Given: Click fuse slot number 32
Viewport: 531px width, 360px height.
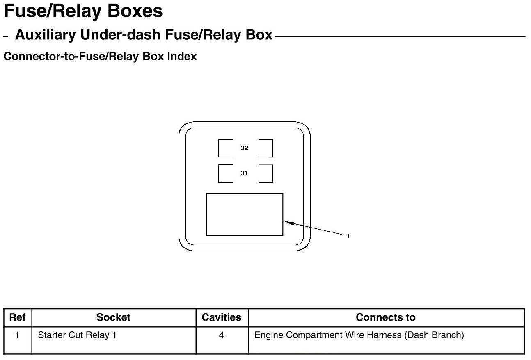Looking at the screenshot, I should click(x=245, y=148).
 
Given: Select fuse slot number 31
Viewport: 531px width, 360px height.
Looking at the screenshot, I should click(x=245, y=173).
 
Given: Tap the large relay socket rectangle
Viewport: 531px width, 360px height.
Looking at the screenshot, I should click(x=244, y=214).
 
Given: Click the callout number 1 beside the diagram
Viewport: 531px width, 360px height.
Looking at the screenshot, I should click(x=348, y=236).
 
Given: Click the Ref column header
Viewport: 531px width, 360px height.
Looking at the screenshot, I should click(x=17, y=317).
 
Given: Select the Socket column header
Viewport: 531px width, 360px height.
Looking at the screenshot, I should click(x=113, y=317).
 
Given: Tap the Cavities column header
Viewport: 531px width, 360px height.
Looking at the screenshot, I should click(x=222, y=317).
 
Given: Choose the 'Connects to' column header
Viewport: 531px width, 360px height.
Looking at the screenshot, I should click(x=385, y=317).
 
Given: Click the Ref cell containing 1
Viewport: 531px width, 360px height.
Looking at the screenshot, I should click(x=17, y=335).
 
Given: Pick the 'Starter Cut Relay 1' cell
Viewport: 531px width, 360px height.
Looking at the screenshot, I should click(x=77, y=335).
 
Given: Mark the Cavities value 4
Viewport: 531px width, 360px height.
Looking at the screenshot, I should click(x=222, y=335).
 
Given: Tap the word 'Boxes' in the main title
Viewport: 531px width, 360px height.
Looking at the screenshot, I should click(x=135, y=11).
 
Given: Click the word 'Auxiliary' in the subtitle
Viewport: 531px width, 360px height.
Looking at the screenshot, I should click(x=46, y=35).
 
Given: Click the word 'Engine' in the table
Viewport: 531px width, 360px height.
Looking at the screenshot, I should click(x=269, y=335).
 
